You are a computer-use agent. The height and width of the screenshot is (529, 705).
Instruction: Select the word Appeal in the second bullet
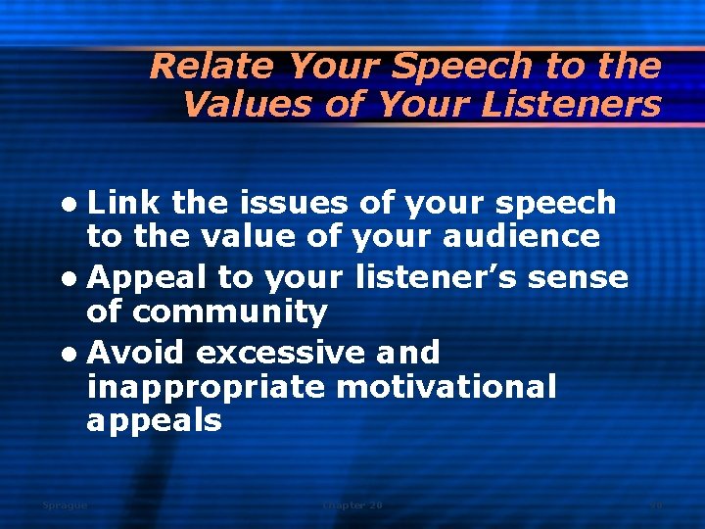pyautogui.click(x=147, y=277)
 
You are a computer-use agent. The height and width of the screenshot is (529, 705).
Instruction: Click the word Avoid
pyautogui.click(x=138, y=352)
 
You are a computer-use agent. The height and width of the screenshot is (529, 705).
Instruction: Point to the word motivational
pyautogui.click(x=446, y=387)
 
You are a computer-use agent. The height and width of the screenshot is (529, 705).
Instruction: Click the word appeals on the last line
pyautogui.click(x=154, y=422)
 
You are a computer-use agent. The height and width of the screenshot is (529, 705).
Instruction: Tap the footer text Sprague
pyautogui.click(x=65, y=505)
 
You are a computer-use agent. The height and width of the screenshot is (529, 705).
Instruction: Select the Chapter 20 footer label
pyautogui.click(x=352, y=505)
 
